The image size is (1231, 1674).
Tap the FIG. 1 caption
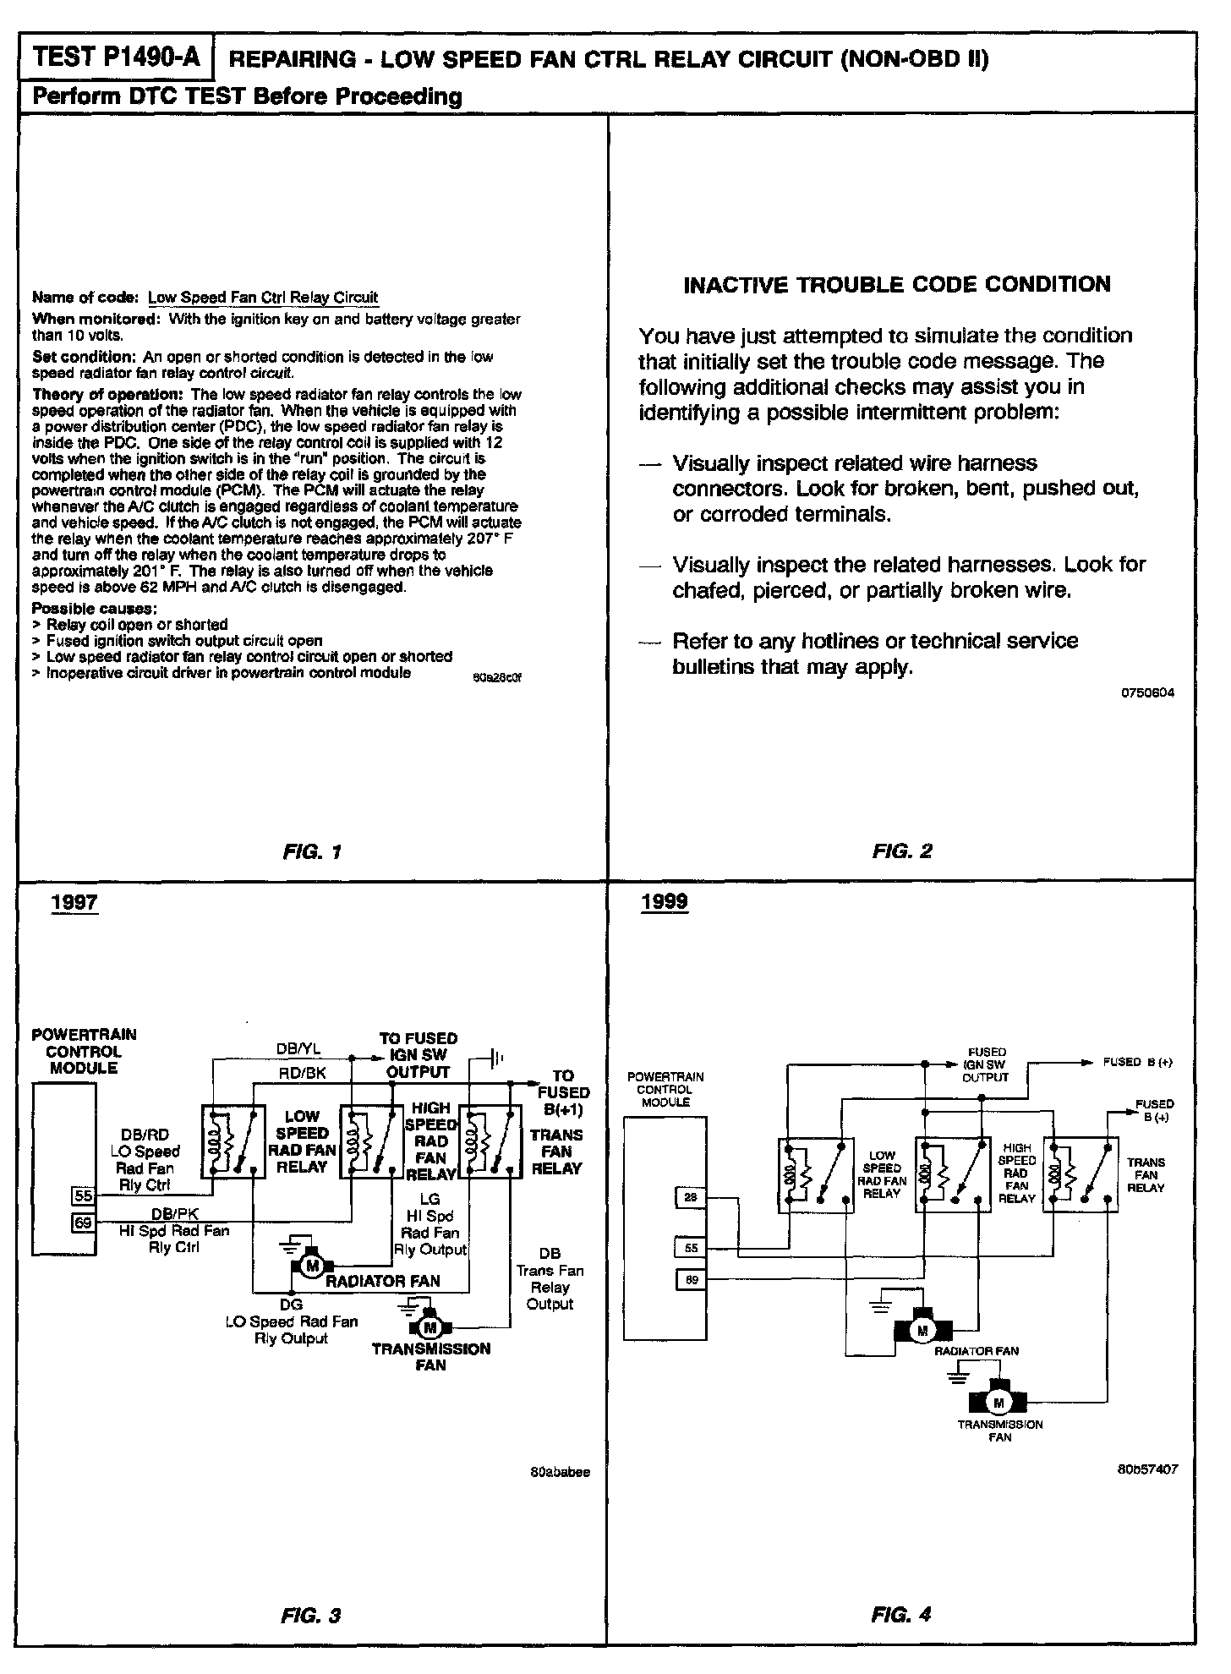click(x=312, y=851)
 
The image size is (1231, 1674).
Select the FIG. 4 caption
click(x=901, y=1615)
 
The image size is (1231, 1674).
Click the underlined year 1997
click(x=74, y=902)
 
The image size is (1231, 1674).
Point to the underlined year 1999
click(x=664, y=902)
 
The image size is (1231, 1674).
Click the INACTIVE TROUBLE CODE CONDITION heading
click(x=896, y=284)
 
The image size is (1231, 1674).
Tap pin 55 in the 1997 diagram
click(x=83, y=1195)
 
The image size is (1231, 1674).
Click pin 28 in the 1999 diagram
click(x=691, y=1197)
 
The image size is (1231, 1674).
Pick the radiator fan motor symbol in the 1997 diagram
click(x=312, y=1266)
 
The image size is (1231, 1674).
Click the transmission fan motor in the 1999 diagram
click(x=998, y=1403)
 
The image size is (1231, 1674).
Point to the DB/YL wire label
click(x=298, y=1049)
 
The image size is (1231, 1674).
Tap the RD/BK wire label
click(x=302, y=1073)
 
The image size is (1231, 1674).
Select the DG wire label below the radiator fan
click(x=291, y=1305)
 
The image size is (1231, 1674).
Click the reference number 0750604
click(x=1147, y=692)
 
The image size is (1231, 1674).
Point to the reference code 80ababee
click(x=560, y=1472)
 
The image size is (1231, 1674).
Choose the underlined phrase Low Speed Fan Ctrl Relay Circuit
click(x=263, y=298)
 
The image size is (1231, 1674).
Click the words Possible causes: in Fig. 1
click(x=94, y=609)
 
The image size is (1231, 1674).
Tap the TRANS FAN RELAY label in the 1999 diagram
click(x=1146, y=1174)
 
